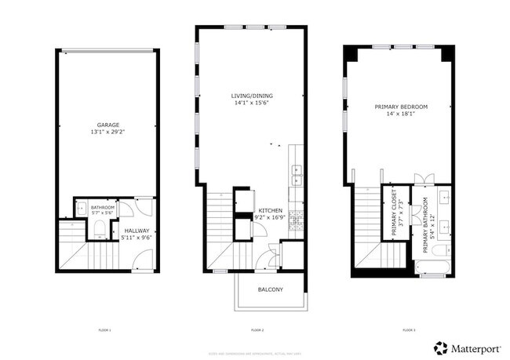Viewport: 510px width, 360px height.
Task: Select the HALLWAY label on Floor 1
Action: click(137, 231)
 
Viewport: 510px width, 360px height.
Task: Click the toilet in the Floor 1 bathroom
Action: click(100, 229)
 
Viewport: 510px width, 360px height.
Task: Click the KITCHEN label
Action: click(271, 211)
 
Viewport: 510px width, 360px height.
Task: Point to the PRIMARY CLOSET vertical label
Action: click(395, 214)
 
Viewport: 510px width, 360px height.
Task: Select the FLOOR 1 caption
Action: click(104, 330)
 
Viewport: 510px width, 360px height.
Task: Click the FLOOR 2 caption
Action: click(257, 330)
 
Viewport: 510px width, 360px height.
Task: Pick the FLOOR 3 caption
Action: click(408, 330)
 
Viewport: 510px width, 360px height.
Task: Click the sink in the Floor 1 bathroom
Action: click(82, 209)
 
